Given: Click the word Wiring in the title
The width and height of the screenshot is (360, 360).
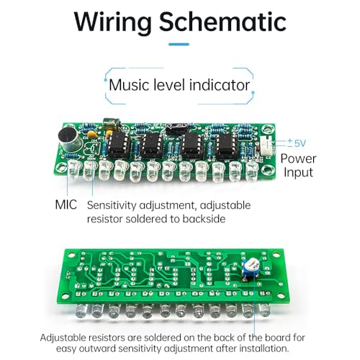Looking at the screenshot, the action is click(x=113, y=22).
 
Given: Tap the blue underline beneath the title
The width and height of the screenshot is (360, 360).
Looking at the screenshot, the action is click(x=179, y=44).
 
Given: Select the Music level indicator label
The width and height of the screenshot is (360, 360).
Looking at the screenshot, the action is click(x=179, y=85).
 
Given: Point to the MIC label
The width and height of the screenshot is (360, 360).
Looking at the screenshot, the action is click(x=66, y=204).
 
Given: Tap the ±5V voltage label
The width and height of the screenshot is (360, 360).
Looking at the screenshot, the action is click(x=297, y=143).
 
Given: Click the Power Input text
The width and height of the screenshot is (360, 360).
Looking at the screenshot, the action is click(x=298, y=166).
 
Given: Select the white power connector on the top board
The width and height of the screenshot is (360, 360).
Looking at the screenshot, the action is click(x=266, y=145).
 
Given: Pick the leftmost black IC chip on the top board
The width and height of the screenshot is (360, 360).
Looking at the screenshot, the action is click(x=118, y=143).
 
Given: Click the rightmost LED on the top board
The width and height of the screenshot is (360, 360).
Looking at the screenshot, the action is click(x=252, y=171).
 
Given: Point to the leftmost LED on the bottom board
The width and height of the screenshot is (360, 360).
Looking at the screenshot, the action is click(x=81, y=312).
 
